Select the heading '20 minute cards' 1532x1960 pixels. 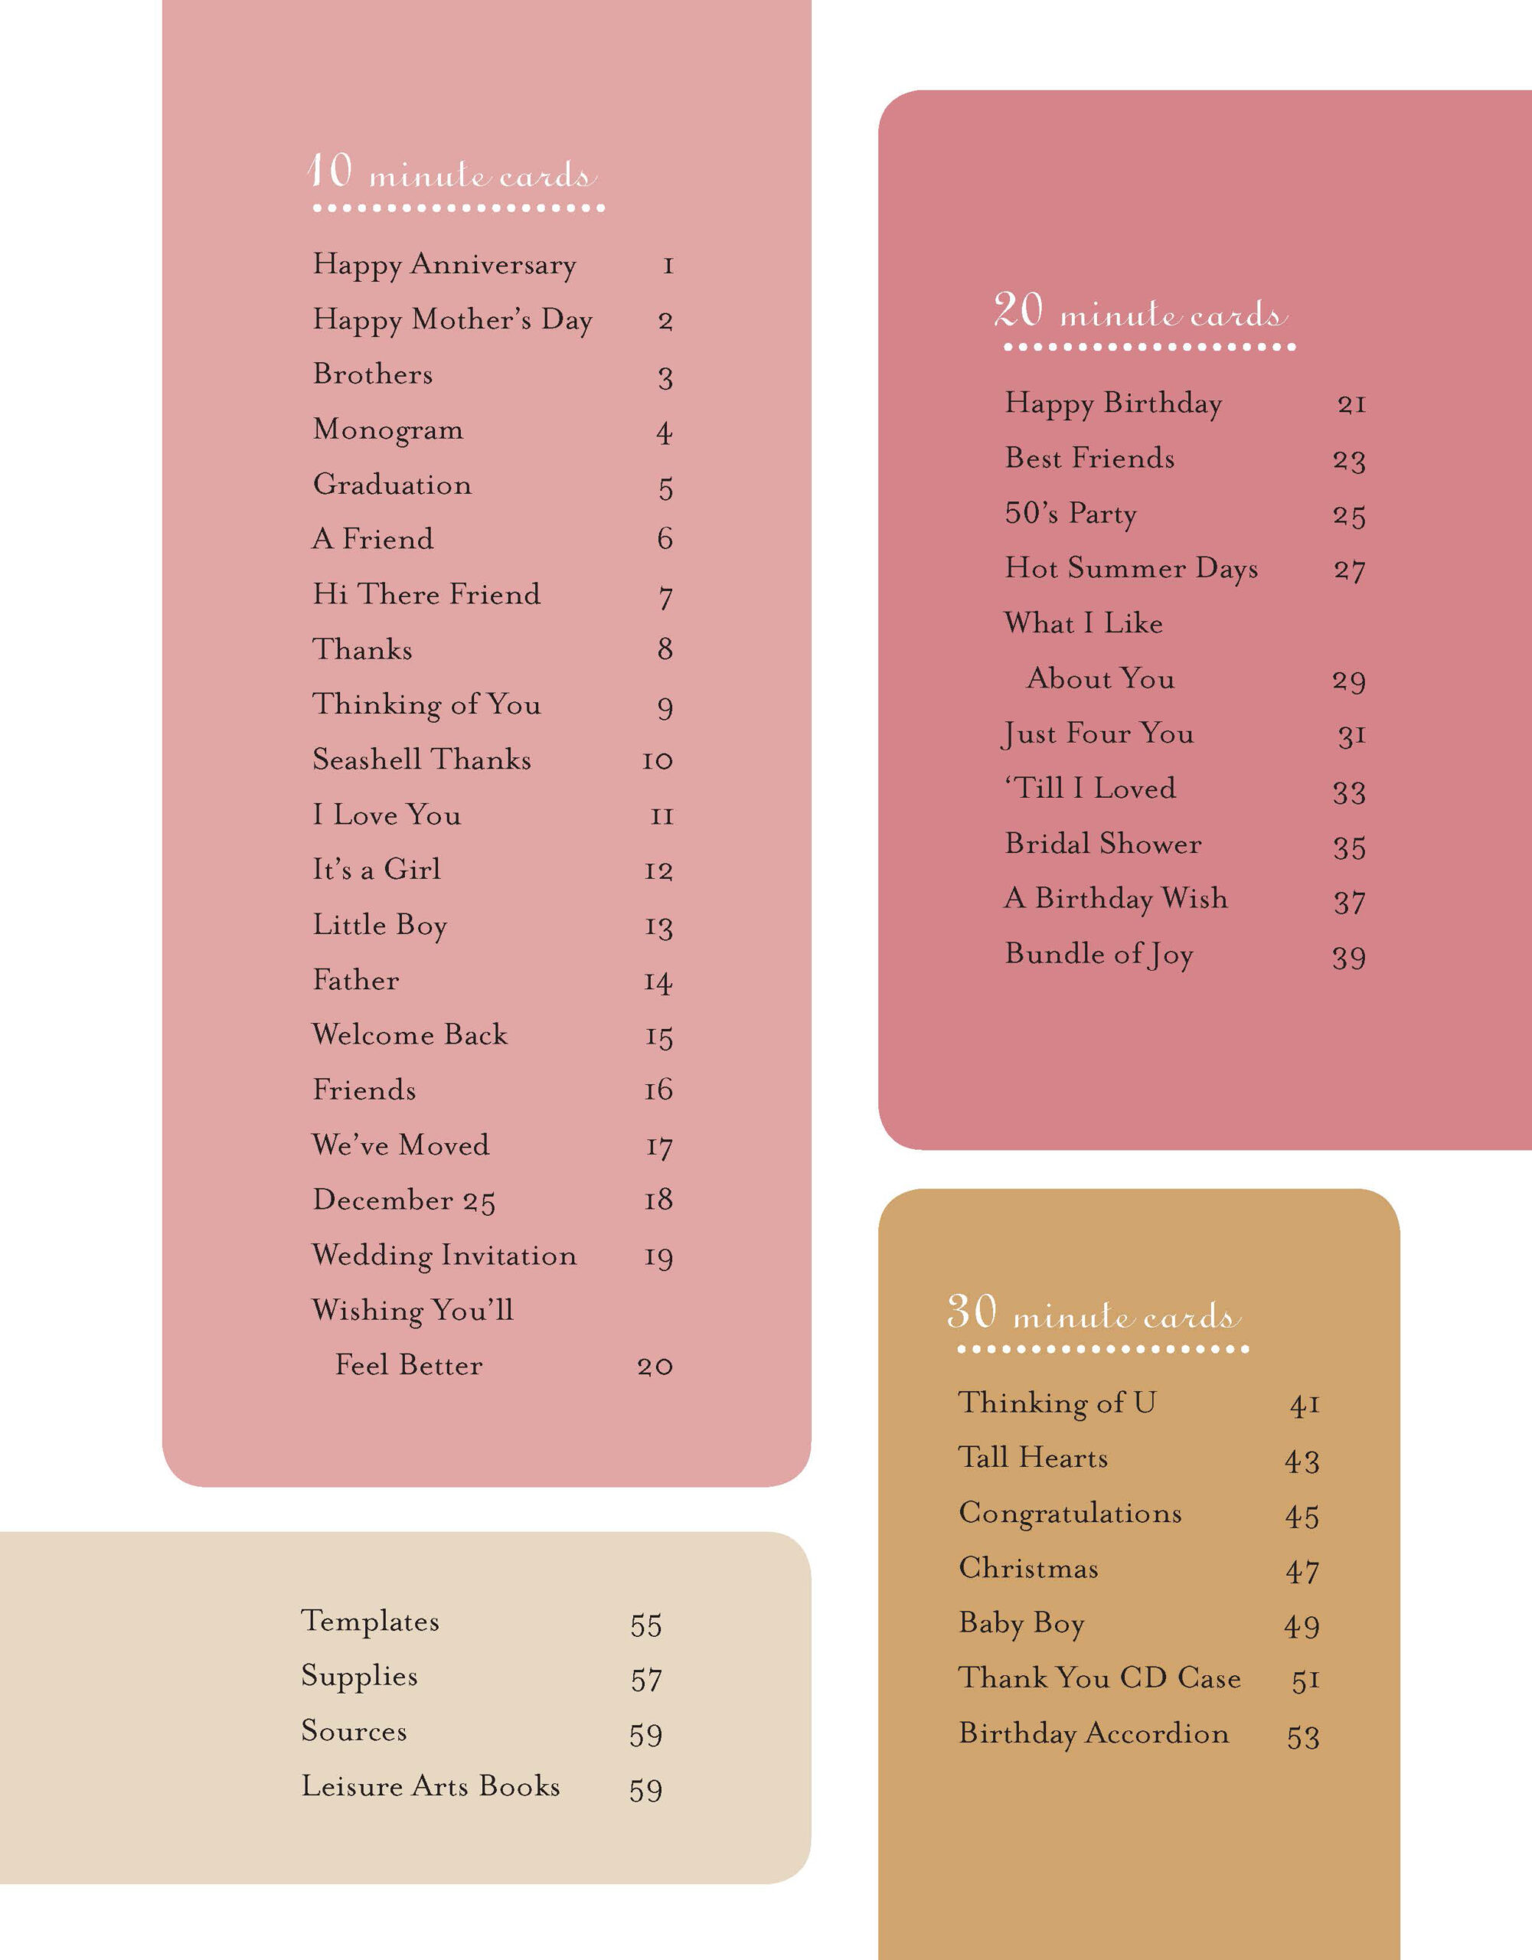point(1140,312)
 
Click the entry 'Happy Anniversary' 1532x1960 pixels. point(444,266)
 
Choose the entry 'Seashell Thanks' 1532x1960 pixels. point(422,760)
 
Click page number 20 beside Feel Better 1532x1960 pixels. point(655,1367)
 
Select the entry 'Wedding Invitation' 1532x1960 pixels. point(444,1256)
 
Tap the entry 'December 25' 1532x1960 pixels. point(404,1200)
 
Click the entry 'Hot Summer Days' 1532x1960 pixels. point(1131,569)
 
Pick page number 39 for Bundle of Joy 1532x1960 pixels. point(1348,958)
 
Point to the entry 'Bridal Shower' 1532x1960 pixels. point(1103,844)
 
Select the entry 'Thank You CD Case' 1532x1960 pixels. point(1099,1678)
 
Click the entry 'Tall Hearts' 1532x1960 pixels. point(1032,1459)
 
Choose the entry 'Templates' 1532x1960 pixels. point(370,1622)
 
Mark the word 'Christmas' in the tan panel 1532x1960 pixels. point(1028,1569)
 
